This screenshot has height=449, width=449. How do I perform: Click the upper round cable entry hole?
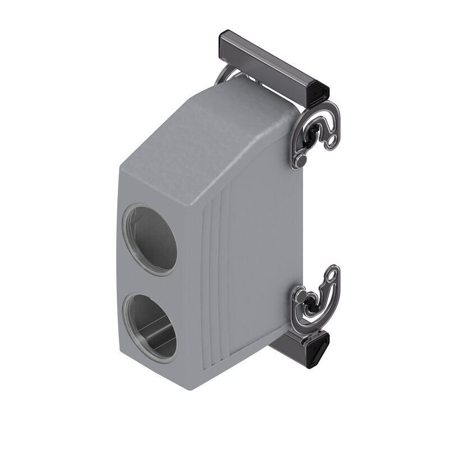[150, 239]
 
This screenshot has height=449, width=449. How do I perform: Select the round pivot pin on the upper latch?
[301, 161]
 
